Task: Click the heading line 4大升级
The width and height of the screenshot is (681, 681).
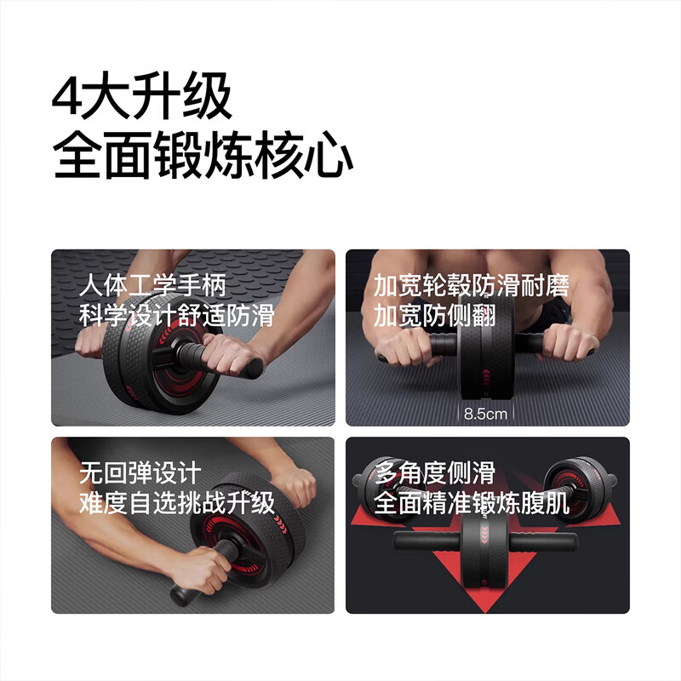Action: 141,98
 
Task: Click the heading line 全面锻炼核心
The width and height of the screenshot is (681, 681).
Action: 203,157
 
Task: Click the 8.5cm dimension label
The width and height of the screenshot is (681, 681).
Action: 485,415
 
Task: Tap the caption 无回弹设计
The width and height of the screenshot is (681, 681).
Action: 140,472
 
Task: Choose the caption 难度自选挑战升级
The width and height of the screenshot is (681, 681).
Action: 177,502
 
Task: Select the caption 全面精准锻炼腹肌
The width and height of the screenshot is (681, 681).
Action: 472,503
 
